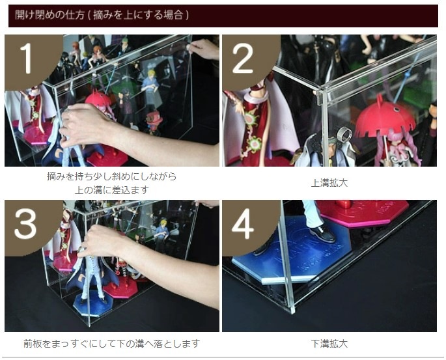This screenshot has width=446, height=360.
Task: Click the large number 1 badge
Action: coord(29,59)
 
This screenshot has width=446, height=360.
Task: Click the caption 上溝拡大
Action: coord(329,183)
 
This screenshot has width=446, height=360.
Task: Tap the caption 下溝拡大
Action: coord(329,344)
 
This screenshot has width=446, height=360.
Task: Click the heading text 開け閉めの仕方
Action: coord(49,15)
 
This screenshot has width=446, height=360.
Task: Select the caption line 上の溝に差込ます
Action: coord(112,189)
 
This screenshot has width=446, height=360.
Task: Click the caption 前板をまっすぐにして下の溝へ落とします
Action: coord(112,344)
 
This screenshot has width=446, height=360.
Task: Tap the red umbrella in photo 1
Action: coord(98,99)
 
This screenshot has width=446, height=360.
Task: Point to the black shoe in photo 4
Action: coord(323,234)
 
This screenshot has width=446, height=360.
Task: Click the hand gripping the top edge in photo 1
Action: coord(203,49)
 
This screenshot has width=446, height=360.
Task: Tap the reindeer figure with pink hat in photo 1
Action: coord(154,122)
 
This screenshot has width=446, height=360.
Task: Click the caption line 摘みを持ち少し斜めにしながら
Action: coord(112,176)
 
